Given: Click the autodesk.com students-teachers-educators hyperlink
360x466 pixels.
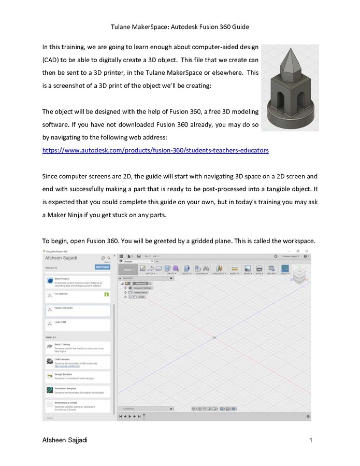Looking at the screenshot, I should pos(155,150).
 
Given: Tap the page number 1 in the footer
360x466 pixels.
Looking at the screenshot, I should pos(310,441).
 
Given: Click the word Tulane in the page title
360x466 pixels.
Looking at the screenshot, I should pos(122,25).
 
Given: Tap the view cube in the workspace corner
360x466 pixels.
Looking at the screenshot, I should pos(301,275).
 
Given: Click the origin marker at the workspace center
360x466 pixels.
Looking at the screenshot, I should pos(215,337).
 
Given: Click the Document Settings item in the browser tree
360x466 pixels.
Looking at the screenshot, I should pos(142,288).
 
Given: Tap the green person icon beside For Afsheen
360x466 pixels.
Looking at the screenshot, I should pos(106,294).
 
